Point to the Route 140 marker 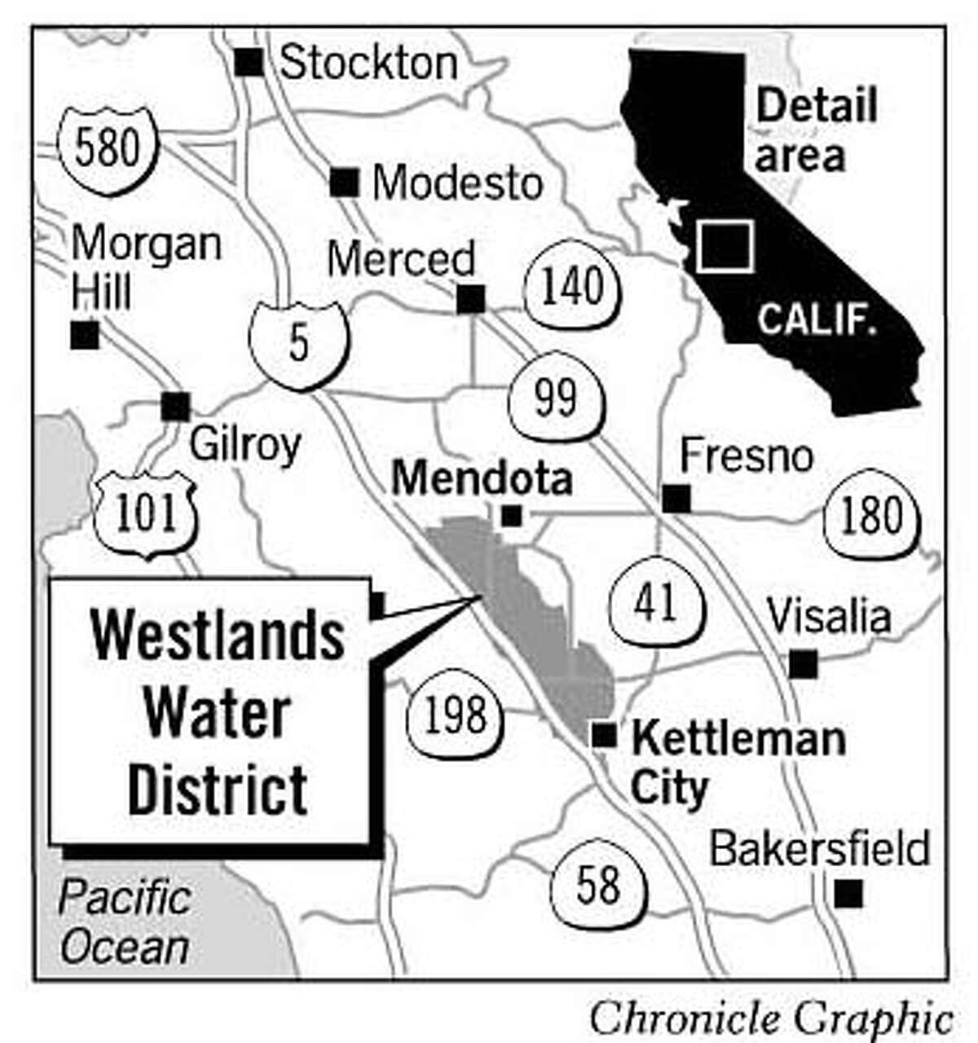(x=573, y=287)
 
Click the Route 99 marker (x=556, y=398)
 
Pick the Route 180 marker (x=871, y=516)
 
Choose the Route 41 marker (x=656, y=603)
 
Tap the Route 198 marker (x=455, y=715)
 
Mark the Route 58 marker (x=599, y=884)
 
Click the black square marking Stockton (x=249, y=62)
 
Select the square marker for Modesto (x=345, y=183)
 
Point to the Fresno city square (x=676, y=498)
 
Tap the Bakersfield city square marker (x=848, y=893)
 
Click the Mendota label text (x=482, y=478)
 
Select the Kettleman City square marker (x=603, y=735)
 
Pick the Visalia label (x=829, y=617)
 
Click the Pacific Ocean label (x=125, y=922)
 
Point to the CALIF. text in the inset (x=817, y=319)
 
